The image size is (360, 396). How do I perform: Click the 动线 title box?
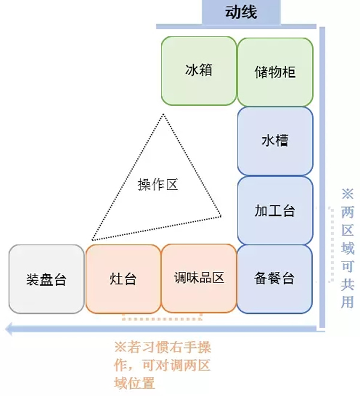pos(241,12)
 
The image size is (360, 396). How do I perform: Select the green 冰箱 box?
pos(199,70)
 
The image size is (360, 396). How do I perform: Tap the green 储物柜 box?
pos(275,71)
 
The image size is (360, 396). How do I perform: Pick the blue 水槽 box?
pos(275,141)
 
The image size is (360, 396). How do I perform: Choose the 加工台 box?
pos(275,211)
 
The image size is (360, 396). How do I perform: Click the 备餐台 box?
pos(275,279)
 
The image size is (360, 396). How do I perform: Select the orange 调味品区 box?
pos(199,278)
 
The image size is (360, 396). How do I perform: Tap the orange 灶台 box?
pos(123,279)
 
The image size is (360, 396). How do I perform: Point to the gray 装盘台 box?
pos(46,279)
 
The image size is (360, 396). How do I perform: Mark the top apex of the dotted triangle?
pos(161,113)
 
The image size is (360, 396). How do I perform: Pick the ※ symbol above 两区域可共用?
pos(347,194)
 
